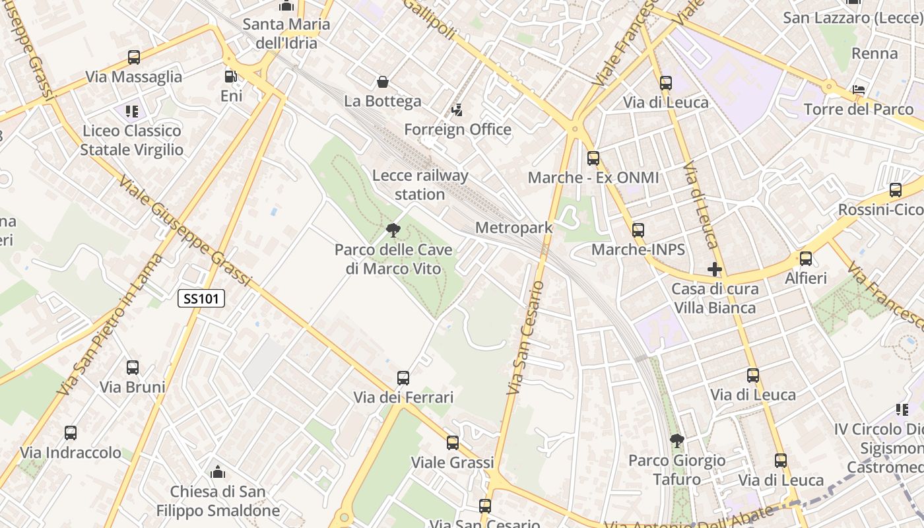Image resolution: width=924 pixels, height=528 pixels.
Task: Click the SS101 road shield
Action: (201, 298)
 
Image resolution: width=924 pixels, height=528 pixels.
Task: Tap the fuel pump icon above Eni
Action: (230, 77)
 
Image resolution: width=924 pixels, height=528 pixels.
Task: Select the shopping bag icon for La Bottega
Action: (382, 82)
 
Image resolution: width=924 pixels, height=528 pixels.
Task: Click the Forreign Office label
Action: (457, 129)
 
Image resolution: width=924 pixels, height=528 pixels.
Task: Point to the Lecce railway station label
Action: (420, 185)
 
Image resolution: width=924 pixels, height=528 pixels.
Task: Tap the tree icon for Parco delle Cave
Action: (393, 230)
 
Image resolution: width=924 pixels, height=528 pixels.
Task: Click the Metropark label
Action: (513, 228)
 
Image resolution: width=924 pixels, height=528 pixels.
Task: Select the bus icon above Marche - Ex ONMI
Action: (593, 158)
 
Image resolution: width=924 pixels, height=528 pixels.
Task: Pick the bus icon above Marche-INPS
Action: (638, 230)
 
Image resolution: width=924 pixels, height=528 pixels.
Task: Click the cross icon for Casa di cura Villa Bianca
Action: (714, 269)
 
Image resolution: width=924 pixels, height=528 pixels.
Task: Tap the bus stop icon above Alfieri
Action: (805, 259)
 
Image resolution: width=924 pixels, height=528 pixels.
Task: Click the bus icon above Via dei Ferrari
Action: (403, 378)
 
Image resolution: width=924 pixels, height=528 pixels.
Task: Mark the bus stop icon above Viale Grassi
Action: (452, 443)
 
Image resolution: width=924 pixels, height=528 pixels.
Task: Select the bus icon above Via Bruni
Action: (133, 368)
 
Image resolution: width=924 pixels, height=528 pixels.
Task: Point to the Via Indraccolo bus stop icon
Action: (71, 433)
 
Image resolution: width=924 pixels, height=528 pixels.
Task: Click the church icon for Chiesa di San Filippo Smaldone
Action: (217, 472)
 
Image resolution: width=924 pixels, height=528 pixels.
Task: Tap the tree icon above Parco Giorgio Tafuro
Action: (676, 440)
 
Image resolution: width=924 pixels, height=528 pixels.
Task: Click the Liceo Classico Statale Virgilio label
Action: (132, 140)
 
